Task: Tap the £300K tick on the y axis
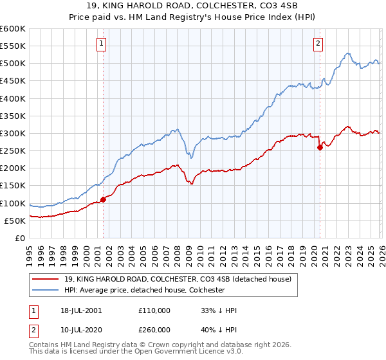pyautogui.click(x=13, y=133)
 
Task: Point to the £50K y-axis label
pyautogui.click(x=15, y=221)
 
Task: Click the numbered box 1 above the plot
pyautogui.click(x=102, y=44)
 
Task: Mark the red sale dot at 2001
pyautogui.click(x=103, y=199)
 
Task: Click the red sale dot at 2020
pyautogui.click(x=320, y=147)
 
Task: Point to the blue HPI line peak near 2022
pyautogui.click(x=347, y=53)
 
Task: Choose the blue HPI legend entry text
pyautogui.click(x=143, y=290)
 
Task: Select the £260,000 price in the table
pyautogui.click(x=154, y=328)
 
